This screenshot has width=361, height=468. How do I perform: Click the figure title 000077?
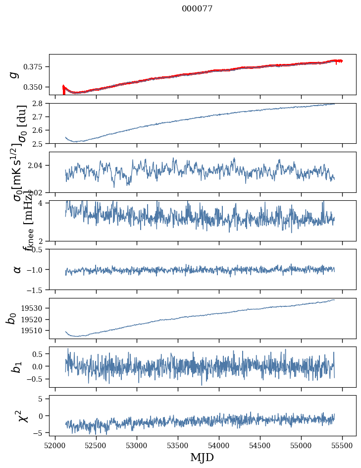pyautogui.click(x=197, y=9)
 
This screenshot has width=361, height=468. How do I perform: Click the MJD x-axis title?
pyautogui.click(x=202, y=457)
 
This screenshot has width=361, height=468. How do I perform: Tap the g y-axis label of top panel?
pyautogui.click(x=14, y=74)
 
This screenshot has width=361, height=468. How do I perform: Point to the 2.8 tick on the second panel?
pyautogui.click(x=40, y=103)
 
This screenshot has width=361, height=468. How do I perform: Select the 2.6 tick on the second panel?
pyautogui.click(x=40, y=130)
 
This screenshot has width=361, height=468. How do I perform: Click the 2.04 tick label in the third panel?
pyautogui.click(x=38, y=165)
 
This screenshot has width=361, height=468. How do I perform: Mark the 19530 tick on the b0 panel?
pyautogui.click(x=36, y=308)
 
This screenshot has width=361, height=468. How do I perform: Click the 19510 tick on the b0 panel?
pyautogui.click(x=36, y=330)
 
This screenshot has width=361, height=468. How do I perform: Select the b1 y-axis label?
pyautogui.click(x=17, y=367)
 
